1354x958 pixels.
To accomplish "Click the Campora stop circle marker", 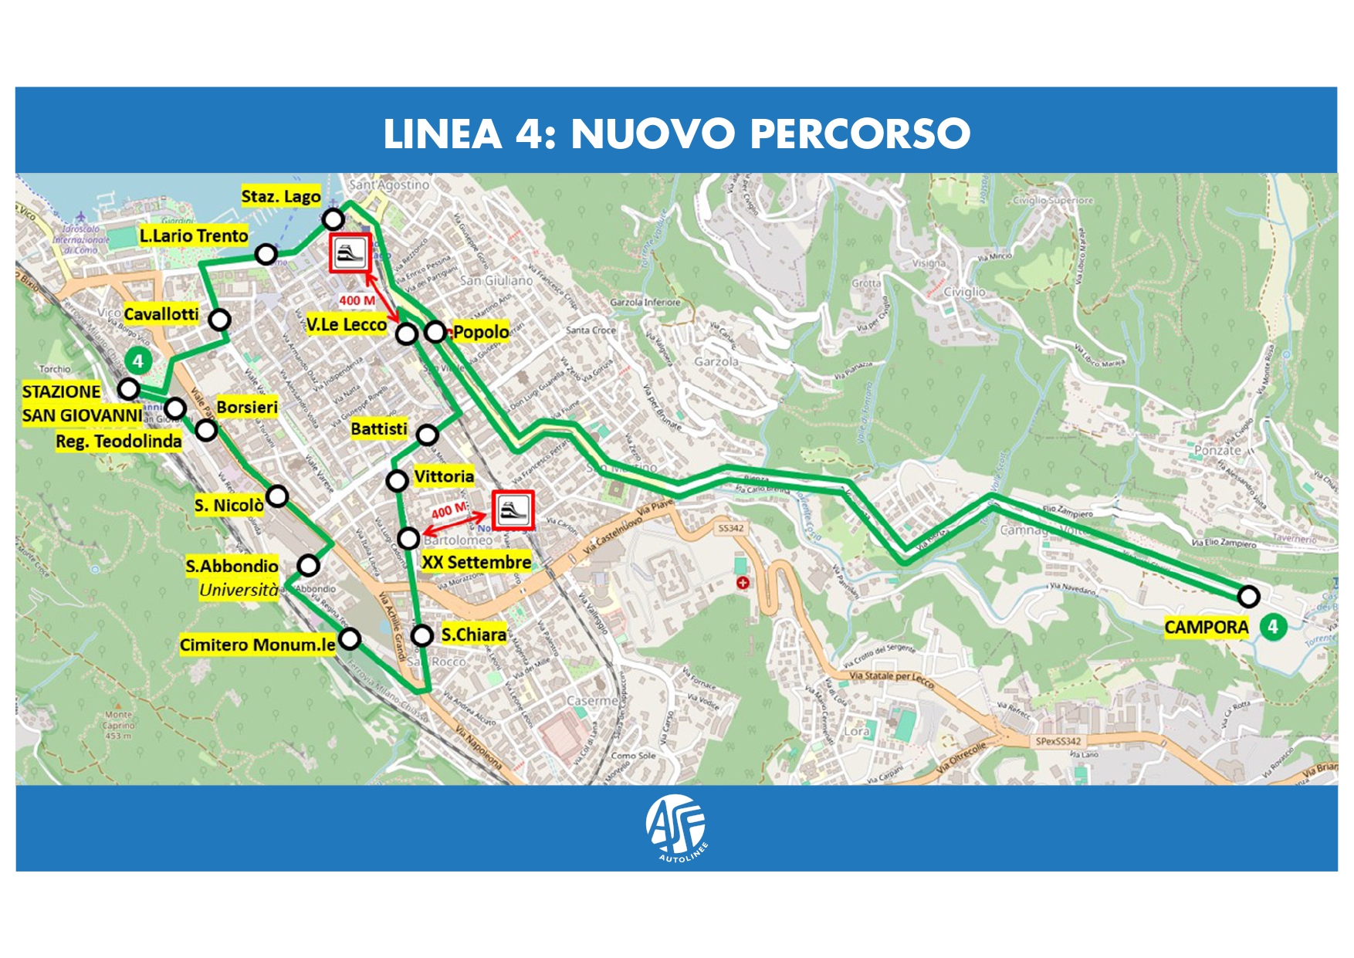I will pyautogui.click(x=1248, y=596).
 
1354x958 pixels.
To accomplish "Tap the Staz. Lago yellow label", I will pyautogui.click(x=281, y=196).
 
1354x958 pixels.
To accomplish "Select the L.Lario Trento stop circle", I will pyautogui.click(x=266, y=254).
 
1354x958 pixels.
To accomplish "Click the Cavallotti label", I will pyautogui.click(x=161, y=314).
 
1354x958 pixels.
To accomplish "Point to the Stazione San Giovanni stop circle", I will pyautogui.click(x=129, y=388).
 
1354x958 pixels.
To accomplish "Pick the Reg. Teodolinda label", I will pyautogui.click(x=119, y=442).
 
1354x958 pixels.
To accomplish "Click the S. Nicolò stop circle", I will pyautogui.click(x=277, y=496).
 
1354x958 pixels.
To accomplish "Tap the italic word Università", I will pyautogui.click(x=239, y=591).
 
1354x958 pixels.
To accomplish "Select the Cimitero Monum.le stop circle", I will pyautogui.click(x=350, y=638).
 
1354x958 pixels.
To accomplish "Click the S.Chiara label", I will pyautogui.click(x=474, y=635).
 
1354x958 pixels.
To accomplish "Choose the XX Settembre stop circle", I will pyautogui.click(x=408, y=537).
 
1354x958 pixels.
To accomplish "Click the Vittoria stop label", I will pyautogui.click(x=444, y=476).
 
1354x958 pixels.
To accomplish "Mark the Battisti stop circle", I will pyautogui.click(x=427, y=435).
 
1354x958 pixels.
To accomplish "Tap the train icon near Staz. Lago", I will pyautogui.click(x=350, y=253).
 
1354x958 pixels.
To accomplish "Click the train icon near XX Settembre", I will pyautogui.click(x=513, y=510).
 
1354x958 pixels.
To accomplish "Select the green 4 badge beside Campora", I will pyautogui.click(x=1273, y=626).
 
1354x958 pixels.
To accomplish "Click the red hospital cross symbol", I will pyautogui.click(x=743, y=583).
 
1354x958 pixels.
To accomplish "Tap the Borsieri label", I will pyautogui.click(x=247, y=407).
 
